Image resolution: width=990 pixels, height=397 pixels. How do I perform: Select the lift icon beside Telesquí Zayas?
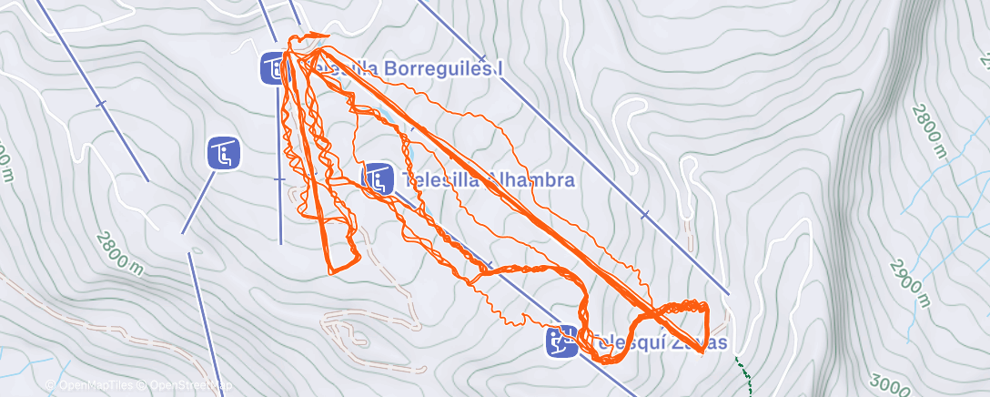pos(561,341)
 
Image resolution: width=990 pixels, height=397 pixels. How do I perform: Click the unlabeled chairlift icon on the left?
pos(223,153)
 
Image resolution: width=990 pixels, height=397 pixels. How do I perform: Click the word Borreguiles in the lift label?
pos(436,68)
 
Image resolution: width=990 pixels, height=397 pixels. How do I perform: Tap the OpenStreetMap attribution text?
pos(181,386)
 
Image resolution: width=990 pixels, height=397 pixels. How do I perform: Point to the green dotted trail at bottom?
pos(745,379)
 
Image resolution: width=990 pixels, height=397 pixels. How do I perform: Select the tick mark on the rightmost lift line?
pos(645,216)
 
